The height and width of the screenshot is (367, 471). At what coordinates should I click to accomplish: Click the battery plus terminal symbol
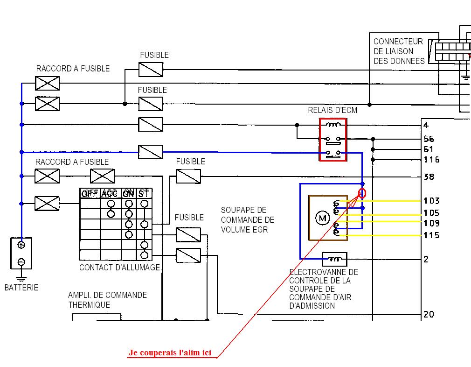coord(21,245)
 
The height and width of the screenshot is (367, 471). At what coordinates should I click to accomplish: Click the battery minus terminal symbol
coord(21,262)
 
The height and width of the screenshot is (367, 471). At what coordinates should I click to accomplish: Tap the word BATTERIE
coord(21,288)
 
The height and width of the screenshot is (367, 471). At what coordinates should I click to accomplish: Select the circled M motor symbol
coord(322,218)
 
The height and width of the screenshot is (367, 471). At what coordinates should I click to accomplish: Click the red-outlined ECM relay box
coord(333,140)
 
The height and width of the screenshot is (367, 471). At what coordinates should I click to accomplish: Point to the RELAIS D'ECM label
coord(332,110)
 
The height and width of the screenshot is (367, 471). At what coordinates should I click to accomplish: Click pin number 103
coord(431,201)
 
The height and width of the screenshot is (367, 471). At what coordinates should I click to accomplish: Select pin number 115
coord(431,235)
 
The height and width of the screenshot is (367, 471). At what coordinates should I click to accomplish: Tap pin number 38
coord(429,176)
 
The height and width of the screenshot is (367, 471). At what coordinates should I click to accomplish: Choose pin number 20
coord(429,314)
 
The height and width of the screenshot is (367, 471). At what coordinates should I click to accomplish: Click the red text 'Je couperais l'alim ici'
coord(170,353)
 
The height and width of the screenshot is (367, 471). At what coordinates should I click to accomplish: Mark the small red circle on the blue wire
coord(362,193)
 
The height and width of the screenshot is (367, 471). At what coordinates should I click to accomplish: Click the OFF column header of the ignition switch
coord(90,193)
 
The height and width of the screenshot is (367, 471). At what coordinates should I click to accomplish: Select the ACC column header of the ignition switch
coord(109,193)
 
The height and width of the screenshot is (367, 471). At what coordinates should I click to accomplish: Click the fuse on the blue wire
coord(151,152)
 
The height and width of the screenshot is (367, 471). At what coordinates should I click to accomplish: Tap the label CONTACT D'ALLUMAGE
coord(119,268)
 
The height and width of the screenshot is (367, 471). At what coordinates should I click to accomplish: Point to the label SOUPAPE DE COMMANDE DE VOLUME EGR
coord(248,220)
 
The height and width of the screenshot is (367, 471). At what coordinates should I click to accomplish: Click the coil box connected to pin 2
coord(335,259)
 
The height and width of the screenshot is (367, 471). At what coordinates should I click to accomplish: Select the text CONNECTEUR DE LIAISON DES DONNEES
coord(399,51)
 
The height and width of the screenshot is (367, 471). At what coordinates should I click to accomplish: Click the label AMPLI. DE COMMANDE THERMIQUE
coord(108,300)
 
